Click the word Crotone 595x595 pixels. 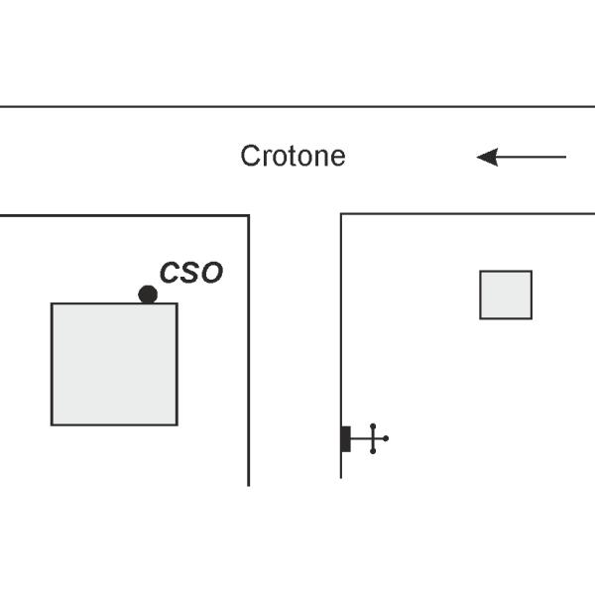pyautogui.click(x=293, y=156)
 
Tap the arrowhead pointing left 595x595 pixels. pyautogui.click(x=487, y=157)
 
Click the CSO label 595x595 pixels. pyautogui.click(x=191, y=273)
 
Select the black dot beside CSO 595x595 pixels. pyautogui.click(x=148, y=295)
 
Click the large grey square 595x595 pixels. pyautogui.click(x=114, y=364)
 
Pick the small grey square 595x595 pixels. pyautogui.click(x=506, y=295)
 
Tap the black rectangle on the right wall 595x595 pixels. pyautogui.click(x=346, y=439)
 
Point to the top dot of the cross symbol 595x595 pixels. pyautogui.click(x=373, y=426)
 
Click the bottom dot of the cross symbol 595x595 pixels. pyautogui.click(x=373, y=451)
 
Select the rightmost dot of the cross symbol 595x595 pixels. pyautogui.click(x=386, y=438)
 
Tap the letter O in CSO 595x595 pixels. pyautogui.click(x=212, y=273)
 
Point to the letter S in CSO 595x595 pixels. pyautogui.click(x=190, y=273)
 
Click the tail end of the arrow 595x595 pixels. pyautogui.click(x=566, y=157)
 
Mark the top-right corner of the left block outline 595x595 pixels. pyautogui.click(x=249, y=215)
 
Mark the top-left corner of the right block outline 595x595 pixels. pyautogui.click(x=341, y=214)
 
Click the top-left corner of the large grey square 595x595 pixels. pyautogui.click(x=52, y=303)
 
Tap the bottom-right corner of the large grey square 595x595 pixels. pyautogui.click(x=178, y=425)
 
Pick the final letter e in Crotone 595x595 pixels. pyautogui.click(x=337, y=158)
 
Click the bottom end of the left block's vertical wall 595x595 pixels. pyautogui.click(x=249, y=486)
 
